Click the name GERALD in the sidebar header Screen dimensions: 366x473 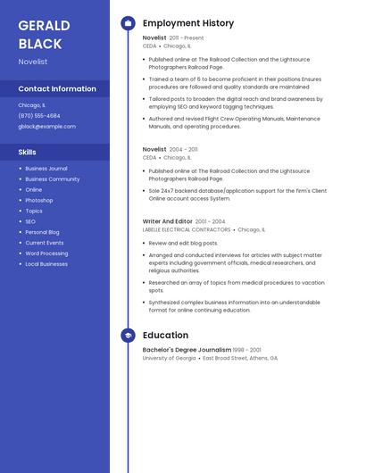[40, 25]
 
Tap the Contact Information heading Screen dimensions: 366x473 [57, 88]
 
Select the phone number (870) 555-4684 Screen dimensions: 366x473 [39, 115]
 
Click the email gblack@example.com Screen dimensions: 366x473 [46, 126]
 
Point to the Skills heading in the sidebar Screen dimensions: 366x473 [28, 152]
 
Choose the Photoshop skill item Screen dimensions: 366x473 [39, 200]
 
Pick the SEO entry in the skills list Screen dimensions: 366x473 [30, 221]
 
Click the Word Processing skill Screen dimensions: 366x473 [46, 253]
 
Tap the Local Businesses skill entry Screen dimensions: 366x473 [46, 264]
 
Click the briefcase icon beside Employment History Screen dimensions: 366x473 [128, 23]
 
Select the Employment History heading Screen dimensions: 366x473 [188, 23]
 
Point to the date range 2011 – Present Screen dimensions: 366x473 [187, 38]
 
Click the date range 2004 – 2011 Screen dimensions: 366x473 [184, 150]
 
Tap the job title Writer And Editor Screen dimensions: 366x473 [167, 221]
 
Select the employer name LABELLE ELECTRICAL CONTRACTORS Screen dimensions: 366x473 [187, 229]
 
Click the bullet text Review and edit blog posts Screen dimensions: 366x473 [183, 243]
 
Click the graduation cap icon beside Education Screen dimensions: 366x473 [128, 336]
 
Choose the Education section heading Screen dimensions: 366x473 [165, 336]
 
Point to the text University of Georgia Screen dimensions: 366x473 [169, 358]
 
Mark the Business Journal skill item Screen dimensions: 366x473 [46, 168]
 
